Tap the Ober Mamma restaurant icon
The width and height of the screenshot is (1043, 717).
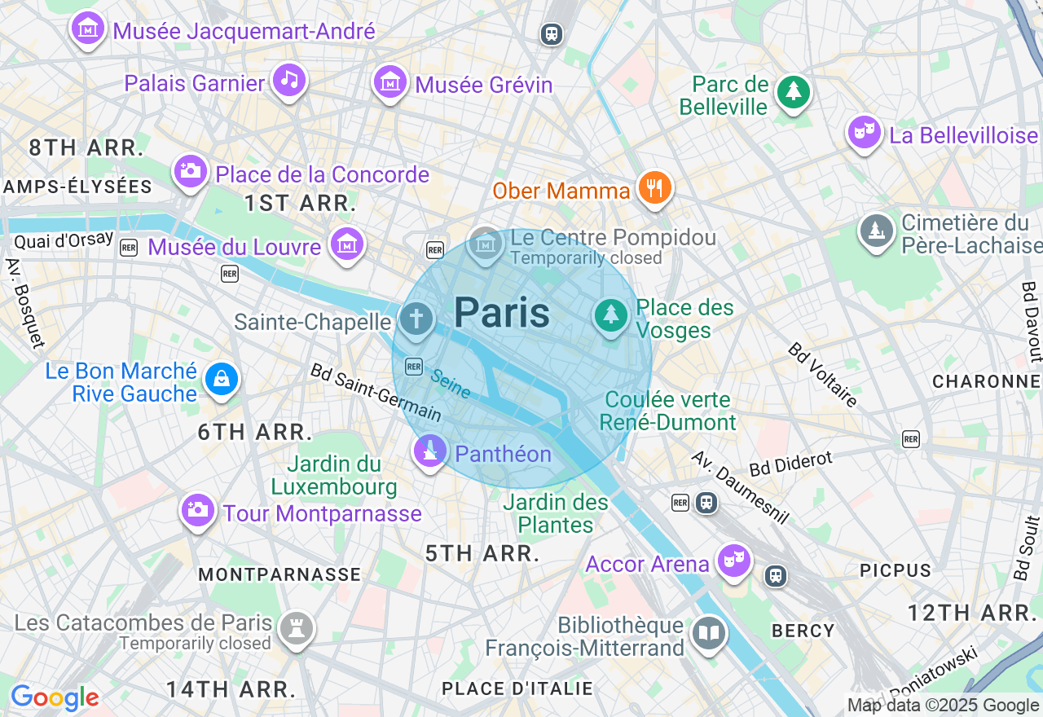coord(654,188)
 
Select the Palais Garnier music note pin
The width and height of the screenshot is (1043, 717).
coord(289,80)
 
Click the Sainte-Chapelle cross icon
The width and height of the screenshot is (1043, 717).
coord(416,319)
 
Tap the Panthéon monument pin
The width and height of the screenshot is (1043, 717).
coord(430,451)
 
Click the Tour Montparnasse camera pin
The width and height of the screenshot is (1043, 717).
coord(197,510)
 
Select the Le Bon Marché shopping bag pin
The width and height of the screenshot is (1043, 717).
coord(221,379)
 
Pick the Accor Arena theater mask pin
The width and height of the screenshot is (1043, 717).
coord(733,561)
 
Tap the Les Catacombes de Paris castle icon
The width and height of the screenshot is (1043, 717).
coord(296,628)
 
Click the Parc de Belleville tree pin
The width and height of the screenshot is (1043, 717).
coord(792,91)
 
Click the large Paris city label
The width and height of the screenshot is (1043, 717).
coord(502,313)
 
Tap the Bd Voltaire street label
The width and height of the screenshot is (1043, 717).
coord(822,375)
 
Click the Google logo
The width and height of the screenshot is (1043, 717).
coord(55,697)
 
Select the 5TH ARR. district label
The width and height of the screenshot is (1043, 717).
coord(482,553)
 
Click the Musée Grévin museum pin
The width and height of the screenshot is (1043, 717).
coord(390,81)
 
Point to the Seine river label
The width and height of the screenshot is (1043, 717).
coord(451,384)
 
